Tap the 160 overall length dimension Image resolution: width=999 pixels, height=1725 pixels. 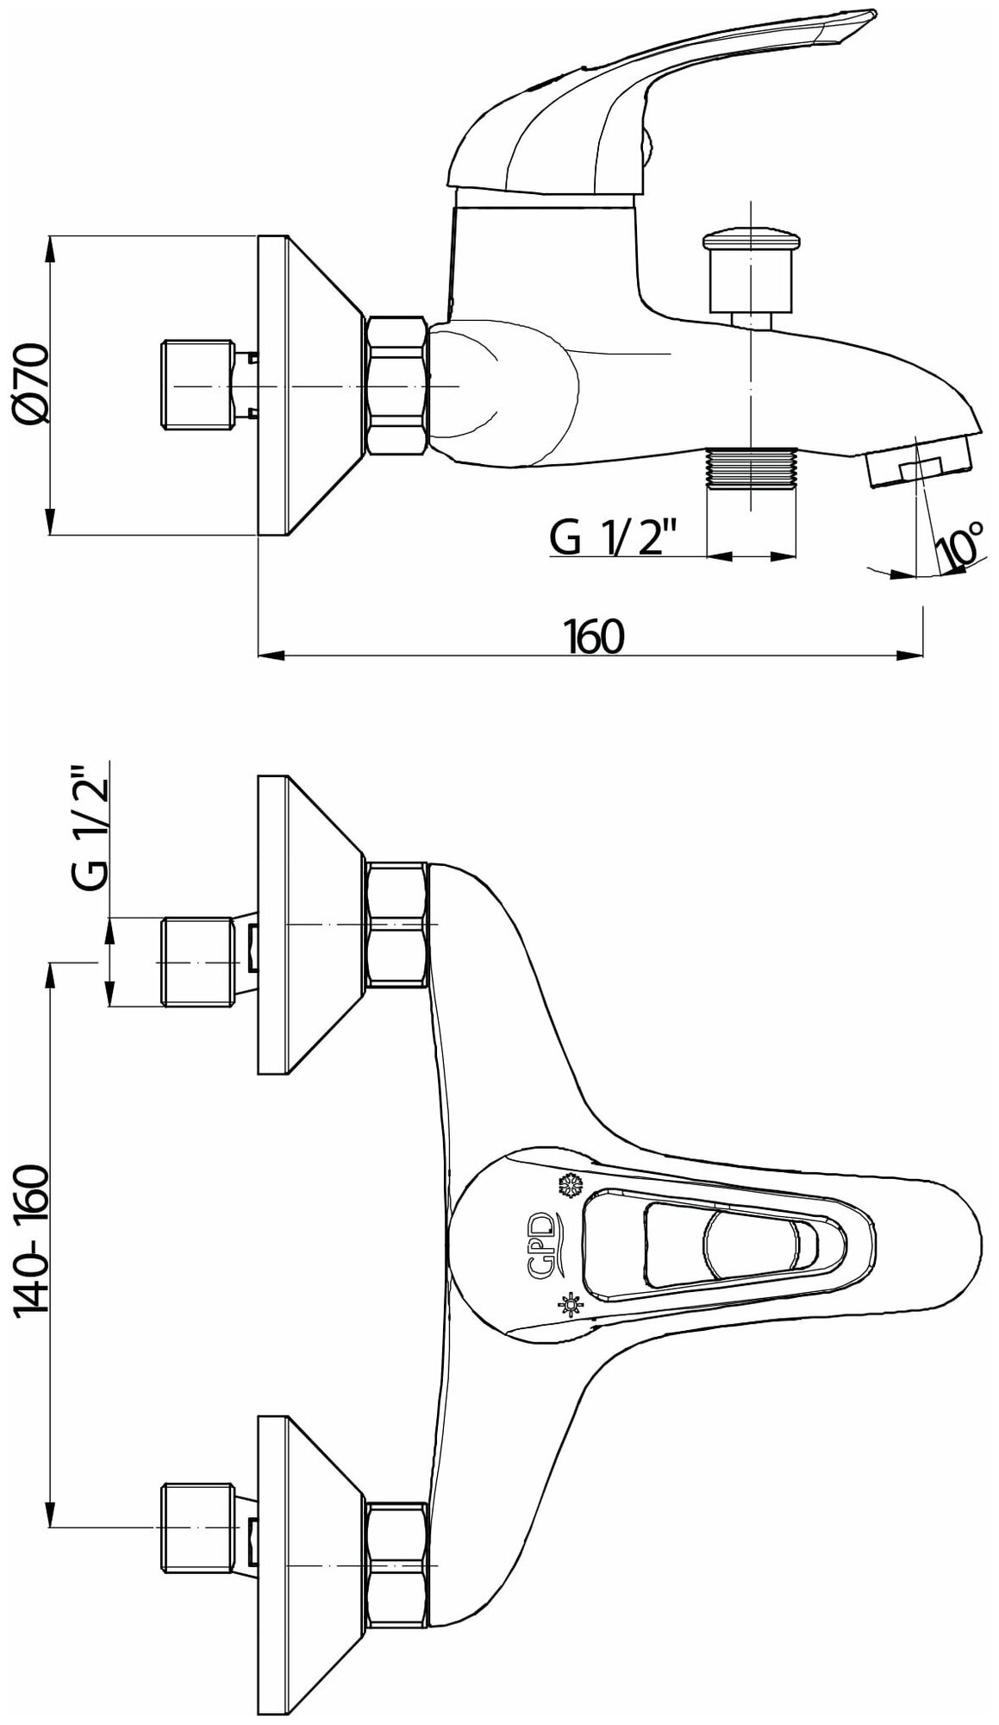coord(594,637)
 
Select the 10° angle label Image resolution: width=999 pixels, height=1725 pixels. coord(959,545)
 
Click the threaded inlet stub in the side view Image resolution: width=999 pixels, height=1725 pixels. coord(197,385)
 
